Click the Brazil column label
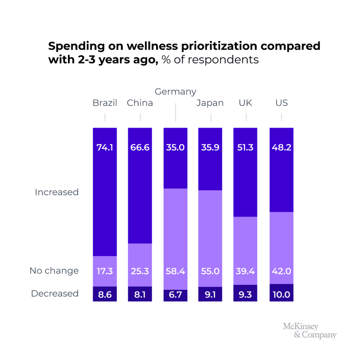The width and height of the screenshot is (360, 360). (105, 103)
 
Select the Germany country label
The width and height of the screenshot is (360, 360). (175, 92)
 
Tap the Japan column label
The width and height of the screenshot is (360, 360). (210, 103)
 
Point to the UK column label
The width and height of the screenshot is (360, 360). (245, 103)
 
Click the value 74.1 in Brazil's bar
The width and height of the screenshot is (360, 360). (105, 147)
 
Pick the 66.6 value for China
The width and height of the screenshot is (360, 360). (140, 147)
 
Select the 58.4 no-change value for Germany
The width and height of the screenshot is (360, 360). (175, 271)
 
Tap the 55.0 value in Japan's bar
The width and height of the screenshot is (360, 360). (210, 271)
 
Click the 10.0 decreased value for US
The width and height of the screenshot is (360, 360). (281, 296)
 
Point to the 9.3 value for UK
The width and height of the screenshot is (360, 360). (245, 296)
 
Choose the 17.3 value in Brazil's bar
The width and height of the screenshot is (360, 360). (105, 271)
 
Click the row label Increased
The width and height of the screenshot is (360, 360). (57, 192)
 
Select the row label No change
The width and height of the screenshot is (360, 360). (54, 271)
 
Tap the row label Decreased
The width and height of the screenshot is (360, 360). (55, 294)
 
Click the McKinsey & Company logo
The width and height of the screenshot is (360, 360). (310, 330)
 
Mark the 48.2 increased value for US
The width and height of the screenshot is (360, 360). (281, 147)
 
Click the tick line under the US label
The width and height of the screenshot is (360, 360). (281, 117)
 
